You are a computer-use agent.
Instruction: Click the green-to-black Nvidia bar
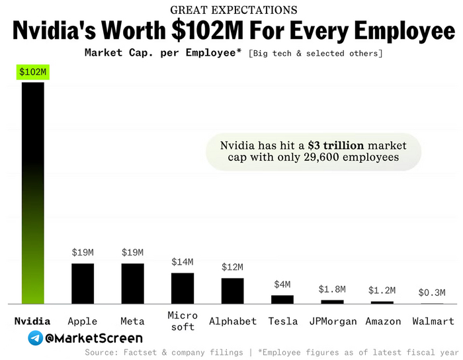coord(33,192)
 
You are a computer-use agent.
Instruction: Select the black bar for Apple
coord(83,283)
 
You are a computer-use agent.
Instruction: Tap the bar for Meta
coord(132,283)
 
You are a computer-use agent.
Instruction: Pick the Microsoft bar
coord(183,288)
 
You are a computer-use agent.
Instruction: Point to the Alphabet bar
coord(232,291)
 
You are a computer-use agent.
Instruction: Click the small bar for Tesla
coord(282,299)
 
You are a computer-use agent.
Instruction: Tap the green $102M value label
coord(33,71)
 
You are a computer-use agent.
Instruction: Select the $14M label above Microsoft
coord(183,262)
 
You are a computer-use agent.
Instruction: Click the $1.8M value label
coord(332,289)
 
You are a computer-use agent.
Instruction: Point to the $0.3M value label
coord(432,292)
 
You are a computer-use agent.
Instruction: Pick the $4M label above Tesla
coord(282,285)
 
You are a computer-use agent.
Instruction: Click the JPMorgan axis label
coord(332,322)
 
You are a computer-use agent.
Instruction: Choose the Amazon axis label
coord(383,322)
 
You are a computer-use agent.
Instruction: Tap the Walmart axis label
coord(433,322)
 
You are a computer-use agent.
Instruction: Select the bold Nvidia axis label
coord(32,322)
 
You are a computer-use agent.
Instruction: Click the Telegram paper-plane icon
coord(36,338)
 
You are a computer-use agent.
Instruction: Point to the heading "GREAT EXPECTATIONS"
coord(233,10)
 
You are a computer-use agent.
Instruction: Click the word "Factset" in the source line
coord(140,353)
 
